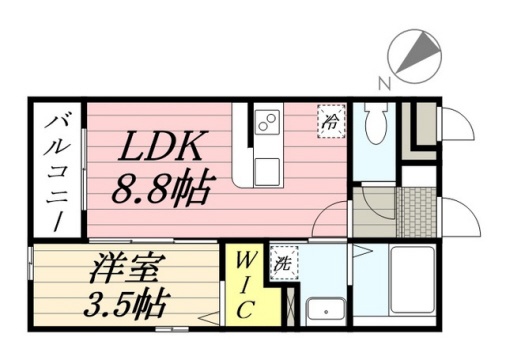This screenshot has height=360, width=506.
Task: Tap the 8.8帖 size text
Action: click(x=162, y=186)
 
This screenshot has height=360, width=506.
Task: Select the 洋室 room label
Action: click(x=124, y=269)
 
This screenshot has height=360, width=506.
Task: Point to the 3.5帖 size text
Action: click(x=125, y=304)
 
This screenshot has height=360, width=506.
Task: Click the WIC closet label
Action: click(x=245, y=285)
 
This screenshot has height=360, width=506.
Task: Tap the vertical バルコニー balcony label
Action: click(x=57, y=173)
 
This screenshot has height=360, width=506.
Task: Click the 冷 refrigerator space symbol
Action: click(x=331, y=121)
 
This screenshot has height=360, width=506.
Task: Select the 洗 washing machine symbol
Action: click(x=284, y=263)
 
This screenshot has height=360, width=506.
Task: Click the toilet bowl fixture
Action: click(x=376, y=123)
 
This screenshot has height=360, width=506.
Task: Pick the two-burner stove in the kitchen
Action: click(x=268, y=122)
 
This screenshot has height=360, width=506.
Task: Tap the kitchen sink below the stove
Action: click(x=267, y=172)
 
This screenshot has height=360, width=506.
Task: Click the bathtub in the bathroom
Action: click(x=412, y=280)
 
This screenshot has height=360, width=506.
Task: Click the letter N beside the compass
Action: click(x=384, y=83)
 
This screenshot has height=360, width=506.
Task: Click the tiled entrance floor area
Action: click(x=417, y=212)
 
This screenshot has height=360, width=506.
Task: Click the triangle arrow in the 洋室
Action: click(x=209, y=318)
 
